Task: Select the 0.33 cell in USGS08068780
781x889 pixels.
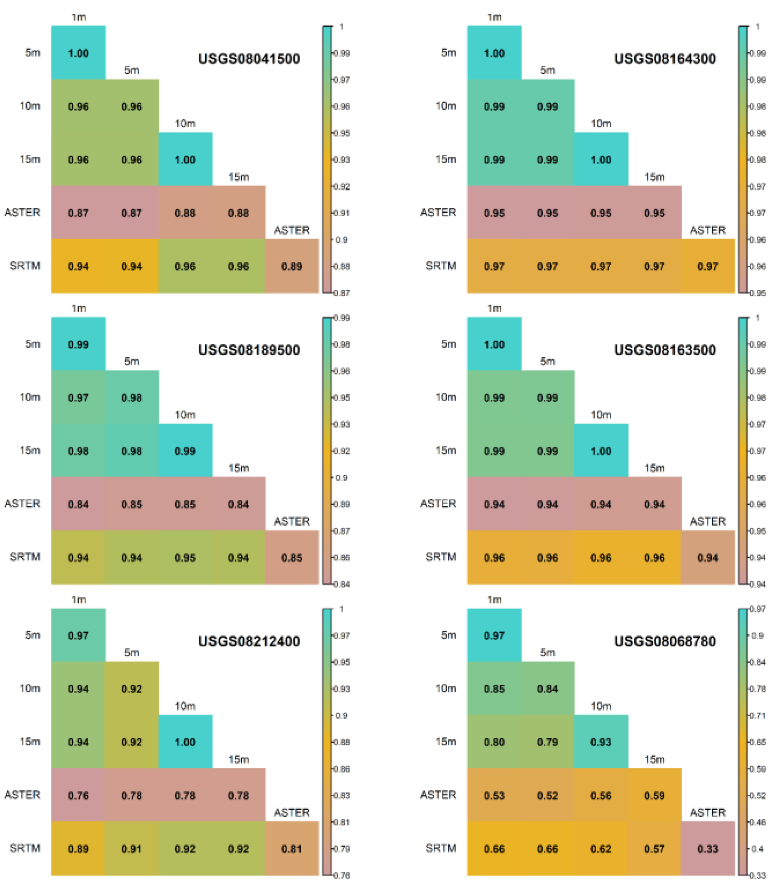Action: click(x=707, y=848)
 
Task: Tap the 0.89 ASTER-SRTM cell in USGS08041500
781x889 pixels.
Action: click(x=291, y=266)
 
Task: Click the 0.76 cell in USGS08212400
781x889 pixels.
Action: click(x=78, y=795)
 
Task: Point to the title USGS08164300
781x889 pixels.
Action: click(x=664, y=59)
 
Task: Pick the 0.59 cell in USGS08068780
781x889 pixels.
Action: click(x=654, y=795)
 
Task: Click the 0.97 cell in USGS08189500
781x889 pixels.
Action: click(x=78, y=397)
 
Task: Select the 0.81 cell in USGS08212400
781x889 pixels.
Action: click(x=291, y=848)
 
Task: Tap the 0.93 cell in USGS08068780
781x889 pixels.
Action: click(x=600, y=742)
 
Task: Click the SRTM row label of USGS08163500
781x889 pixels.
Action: click(x=441, y=557)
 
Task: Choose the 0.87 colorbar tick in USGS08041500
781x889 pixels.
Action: click(x=341, y=293)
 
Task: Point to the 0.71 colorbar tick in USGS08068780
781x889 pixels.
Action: click(x=758, y=716)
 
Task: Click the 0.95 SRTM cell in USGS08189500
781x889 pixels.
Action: click(x=184, y=557)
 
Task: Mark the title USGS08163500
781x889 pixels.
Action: click(x=664, y=350)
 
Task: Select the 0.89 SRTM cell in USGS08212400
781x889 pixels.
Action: click(x=78, y=848)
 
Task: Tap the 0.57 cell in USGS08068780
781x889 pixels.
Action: click(x=654, y=848)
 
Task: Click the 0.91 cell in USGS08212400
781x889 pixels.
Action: click(x=131, y=848)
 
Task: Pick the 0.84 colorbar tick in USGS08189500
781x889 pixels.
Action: click(x=341, y=584)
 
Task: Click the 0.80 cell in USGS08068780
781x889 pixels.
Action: click(x=494, y=742)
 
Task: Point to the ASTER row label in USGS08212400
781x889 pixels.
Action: click(x=22, y=795)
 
